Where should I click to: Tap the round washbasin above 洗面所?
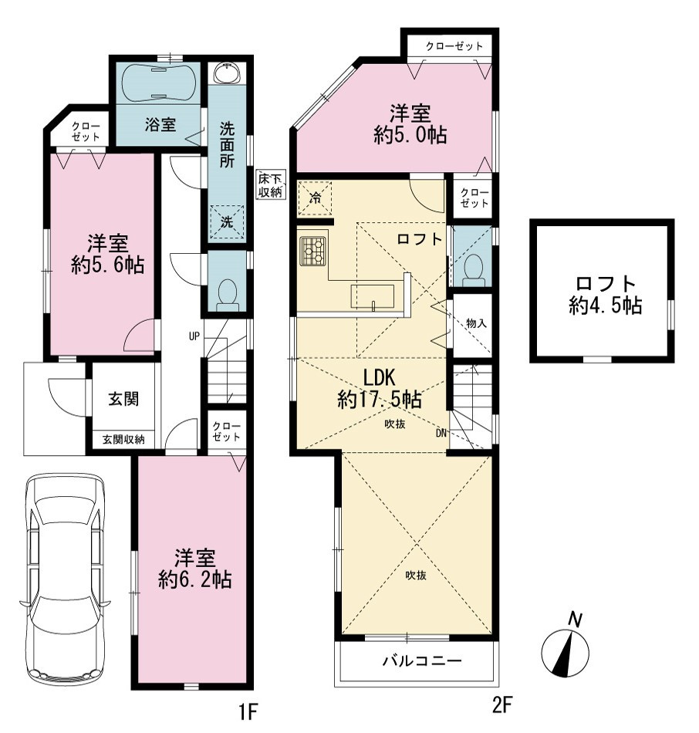click(x=228, y=73)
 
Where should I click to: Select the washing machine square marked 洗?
click(x=227, y=221)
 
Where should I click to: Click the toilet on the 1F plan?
click(x=228, y=294)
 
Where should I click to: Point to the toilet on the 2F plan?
click(x=473, y=270)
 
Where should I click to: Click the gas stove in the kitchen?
click(x=312, y=251)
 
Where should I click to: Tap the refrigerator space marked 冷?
click(x=315, y=198)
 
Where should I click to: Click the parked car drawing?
click(x=65, y=579)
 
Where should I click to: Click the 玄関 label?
click(x=123, y=399)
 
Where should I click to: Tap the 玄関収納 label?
click(x=123, y=440)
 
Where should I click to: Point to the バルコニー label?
click(x=422, y=660)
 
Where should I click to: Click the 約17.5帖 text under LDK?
click(x=380, y=400)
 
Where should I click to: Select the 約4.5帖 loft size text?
click(x=606, y=306)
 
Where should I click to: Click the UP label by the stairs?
click(x=194, y=336)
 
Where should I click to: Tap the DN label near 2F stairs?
click(x=441, y=434)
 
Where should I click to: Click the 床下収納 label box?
click(x=271, y=185)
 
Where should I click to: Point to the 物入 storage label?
click(x=477, y=323)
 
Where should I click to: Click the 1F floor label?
click(x=248, y=711)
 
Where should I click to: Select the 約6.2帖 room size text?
click(x=195, y=579)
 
